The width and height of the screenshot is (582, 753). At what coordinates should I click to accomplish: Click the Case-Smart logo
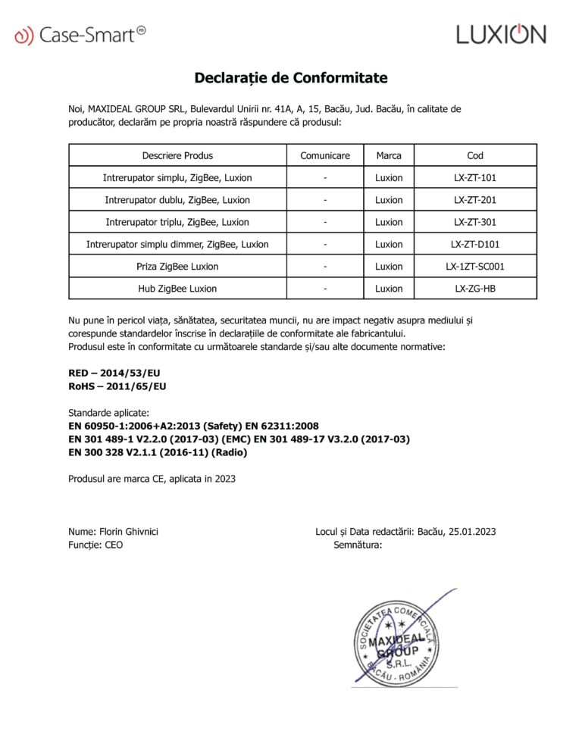pos(80,34)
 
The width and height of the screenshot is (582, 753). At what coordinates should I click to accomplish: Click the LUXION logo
pos(500,34)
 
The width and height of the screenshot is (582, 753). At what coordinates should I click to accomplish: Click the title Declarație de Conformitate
pos(291,78)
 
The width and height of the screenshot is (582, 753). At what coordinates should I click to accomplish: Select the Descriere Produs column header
pos(177,156)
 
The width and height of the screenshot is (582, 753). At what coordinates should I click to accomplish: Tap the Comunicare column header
pos(325,156)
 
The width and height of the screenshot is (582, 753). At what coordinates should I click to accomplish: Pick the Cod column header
pos(475,156)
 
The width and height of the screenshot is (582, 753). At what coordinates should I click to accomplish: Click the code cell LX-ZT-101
pos(475,178)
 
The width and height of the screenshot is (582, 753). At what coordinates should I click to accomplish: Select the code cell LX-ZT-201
pos(475,200)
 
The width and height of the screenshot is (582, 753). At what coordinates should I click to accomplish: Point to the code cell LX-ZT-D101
pos(475,244)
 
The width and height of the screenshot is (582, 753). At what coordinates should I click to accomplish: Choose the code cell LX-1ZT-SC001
pos(475,267)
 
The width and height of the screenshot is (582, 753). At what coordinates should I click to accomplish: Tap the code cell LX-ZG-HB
pos(475,289)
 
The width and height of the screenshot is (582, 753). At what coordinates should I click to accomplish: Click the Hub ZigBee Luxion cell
pos(177,289)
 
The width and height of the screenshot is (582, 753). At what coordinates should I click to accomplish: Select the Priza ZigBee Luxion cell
pos(177,267)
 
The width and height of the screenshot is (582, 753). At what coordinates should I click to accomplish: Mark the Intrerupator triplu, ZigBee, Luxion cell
pos(177,222)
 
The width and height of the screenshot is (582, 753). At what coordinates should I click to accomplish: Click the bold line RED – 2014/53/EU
pos(114,373)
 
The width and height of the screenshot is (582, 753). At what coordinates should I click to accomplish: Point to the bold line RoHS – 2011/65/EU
pos(117,386)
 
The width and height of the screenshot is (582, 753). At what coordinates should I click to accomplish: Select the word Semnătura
pos(358,545)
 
